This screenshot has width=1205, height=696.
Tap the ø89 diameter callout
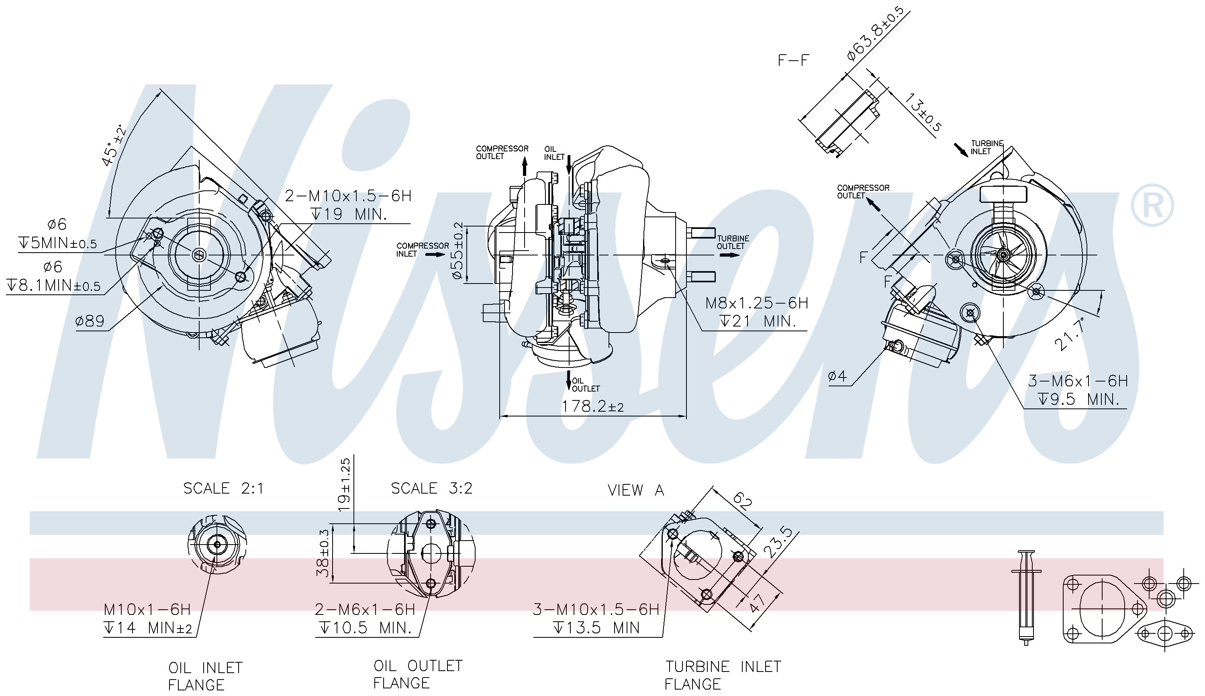click(x=90, y=320)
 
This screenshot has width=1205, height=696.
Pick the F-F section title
click(x=793, y=60)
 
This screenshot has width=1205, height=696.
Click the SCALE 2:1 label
click(x=223, y=488)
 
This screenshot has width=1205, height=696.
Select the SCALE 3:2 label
click(x=432, y=488)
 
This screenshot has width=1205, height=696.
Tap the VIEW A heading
click(x=636, y=490)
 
